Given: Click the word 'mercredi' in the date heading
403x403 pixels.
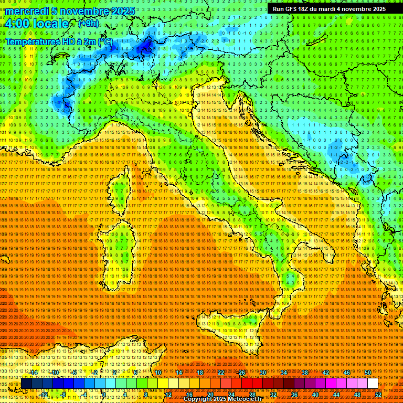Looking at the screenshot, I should tap(26, 11).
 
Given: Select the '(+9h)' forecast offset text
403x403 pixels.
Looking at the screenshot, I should tap(88, 24).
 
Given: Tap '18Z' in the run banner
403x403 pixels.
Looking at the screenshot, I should tap(310, 9).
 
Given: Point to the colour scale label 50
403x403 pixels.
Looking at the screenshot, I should tap(368, 373).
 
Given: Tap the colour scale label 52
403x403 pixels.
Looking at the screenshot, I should tap(378, 394).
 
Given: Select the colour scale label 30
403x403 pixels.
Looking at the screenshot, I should tap(263, 373).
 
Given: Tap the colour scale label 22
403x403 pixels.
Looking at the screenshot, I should tap(221, 373).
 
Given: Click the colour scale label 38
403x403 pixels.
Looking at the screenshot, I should tap(305, 373).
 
